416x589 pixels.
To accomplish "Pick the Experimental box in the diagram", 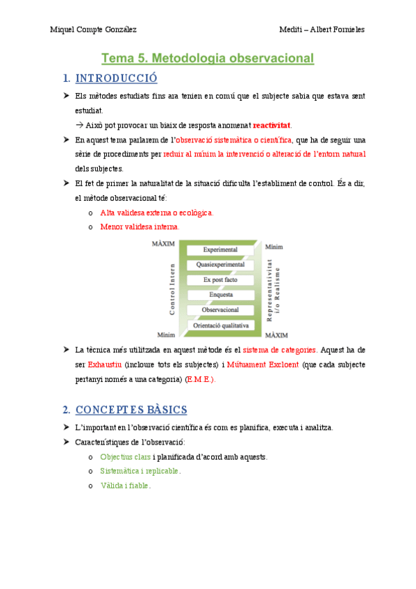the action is click(x=220, y=249).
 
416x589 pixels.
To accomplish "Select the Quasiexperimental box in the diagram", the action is click(x=220, y=265).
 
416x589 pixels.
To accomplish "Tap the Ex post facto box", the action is click(x=220, y=280).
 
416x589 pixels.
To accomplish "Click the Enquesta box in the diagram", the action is click(x=220, y=294).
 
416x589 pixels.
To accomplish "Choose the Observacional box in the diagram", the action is click(x=220, y=310).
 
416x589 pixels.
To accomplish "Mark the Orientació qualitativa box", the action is click(x=220, y=325).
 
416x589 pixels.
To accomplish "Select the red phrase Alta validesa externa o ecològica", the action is click(x=157, y=213).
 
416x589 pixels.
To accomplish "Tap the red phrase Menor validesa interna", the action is click(x=140, y=226).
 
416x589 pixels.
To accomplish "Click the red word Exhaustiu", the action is click(x=106, y=364).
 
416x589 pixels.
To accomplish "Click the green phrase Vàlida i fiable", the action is click(x=125, y=486).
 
